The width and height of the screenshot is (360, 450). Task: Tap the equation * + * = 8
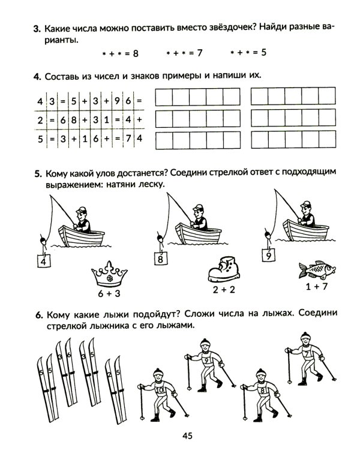pos(120,53)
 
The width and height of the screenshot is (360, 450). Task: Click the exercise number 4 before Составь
pos(37,76)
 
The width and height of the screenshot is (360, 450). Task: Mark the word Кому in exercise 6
pos(55,314)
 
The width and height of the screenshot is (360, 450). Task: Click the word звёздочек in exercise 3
pos(220,28)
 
